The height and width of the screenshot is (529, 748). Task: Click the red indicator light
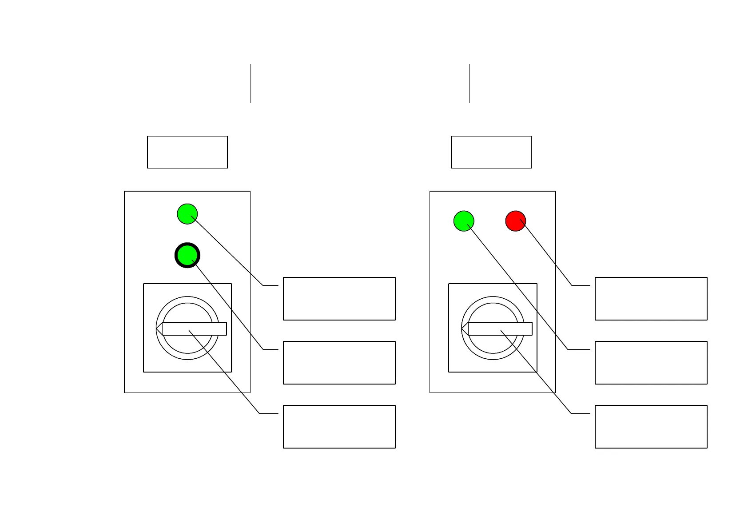(516, 221)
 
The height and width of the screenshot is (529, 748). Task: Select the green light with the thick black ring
(187, 255)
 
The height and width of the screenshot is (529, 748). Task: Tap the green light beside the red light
(464, 221)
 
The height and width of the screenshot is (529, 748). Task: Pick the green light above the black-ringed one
(187, 214)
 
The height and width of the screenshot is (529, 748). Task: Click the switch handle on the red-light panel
(500, 329)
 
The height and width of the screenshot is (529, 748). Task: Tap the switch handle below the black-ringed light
(195, 329)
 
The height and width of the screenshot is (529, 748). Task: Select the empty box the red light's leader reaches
(651, 299)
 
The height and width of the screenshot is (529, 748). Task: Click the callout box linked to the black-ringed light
(339, 363)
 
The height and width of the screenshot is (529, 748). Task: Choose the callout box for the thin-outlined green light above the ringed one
(339, 299)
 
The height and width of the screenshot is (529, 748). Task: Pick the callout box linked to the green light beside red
(651, 363)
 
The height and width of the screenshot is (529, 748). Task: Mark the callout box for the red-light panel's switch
(651, 427)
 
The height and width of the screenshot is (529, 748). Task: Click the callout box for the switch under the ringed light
(339, 427)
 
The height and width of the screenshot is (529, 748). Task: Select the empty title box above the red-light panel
(491, 152)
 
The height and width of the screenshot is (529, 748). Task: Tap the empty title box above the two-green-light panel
(187, 152)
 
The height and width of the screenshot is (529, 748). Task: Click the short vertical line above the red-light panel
(469, 84)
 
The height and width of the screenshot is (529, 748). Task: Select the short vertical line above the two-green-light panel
(251, 84)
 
